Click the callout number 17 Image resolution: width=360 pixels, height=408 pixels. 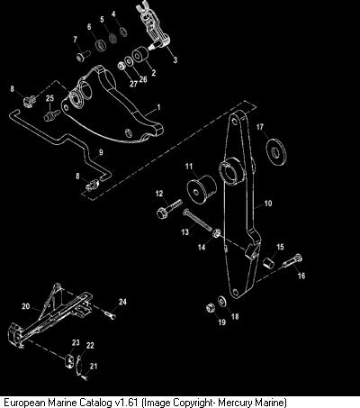260,127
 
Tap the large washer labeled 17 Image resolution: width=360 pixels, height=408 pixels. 276,151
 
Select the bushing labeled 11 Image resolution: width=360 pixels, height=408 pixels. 202,189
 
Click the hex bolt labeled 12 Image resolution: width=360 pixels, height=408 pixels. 169,208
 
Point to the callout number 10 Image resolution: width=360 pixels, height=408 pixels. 268,204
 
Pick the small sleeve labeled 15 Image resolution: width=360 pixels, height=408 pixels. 269,262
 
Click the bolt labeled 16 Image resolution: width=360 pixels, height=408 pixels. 292,261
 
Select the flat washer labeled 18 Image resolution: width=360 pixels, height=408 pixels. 222,301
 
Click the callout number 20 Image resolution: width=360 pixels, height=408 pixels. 26,306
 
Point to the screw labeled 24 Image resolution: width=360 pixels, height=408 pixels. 110,314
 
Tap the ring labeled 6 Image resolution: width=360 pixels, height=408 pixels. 101,45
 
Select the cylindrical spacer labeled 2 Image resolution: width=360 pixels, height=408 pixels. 139,55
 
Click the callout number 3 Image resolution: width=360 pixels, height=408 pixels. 175,59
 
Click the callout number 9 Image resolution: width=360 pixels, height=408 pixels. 101,152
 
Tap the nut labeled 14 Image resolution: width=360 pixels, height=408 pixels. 216,232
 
